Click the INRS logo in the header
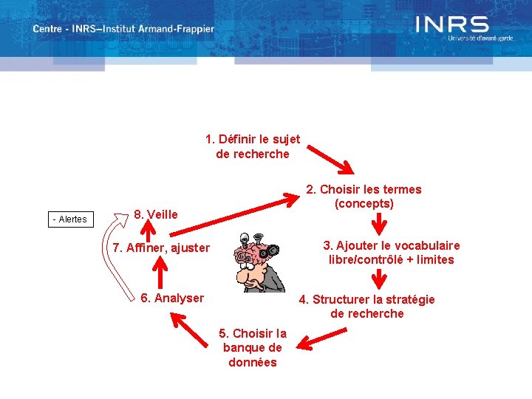[452, 27]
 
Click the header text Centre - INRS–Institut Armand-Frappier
[123, 30]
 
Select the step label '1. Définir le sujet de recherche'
[252, 146]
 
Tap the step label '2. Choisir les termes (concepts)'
[364, 196]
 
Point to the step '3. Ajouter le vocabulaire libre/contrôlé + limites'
[391, 252]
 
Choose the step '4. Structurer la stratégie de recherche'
[366, 306]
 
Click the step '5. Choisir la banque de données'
[253, 347]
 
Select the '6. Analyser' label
[172, 298]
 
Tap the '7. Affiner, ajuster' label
[162, 248]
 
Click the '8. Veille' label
[156, 214]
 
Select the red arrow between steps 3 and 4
[380, 279]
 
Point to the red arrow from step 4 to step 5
[320, 339]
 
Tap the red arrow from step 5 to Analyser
[193, 328]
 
